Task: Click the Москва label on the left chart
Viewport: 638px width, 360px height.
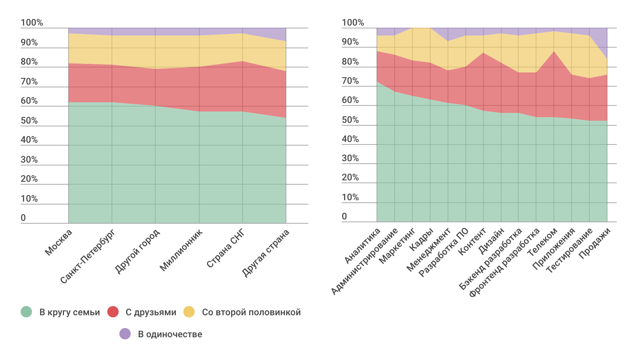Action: [59, 242]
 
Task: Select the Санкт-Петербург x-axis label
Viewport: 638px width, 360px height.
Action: [87, 256]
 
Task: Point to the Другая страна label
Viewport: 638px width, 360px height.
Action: [266, 253]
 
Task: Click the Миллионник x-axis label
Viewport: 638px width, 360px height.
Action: [181, 250]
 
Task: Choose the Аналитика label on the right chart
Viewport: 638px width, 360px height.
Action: [362, 246]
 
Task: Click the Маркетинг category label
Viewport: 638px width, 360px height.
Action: [397, 246]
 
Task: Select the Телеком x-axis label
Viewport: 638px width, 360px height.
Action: [542, 242]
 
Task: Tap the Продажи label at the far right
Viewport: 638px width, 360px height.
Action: [595, 243]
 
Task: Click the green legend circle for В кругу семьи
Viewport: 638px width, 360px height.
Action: [26, 312]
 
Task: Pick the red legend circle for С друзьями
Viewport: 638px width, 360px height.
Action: [113, 312]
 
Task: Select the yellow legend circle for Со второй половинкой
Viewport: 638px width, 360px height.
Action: [189, 312]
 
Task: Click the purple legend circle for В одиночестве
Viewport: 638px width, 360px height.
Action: [125, 334]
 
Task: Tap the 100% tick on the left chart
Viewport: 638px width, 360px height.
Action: [32, 23]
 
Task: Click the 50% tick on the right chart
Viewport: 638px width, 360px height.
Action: [350, 120]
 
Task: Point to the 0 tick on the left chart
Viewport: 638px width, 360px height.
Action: [23, 218]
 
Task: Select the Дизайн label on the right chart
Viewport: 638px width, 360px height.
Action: [491, 241]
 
